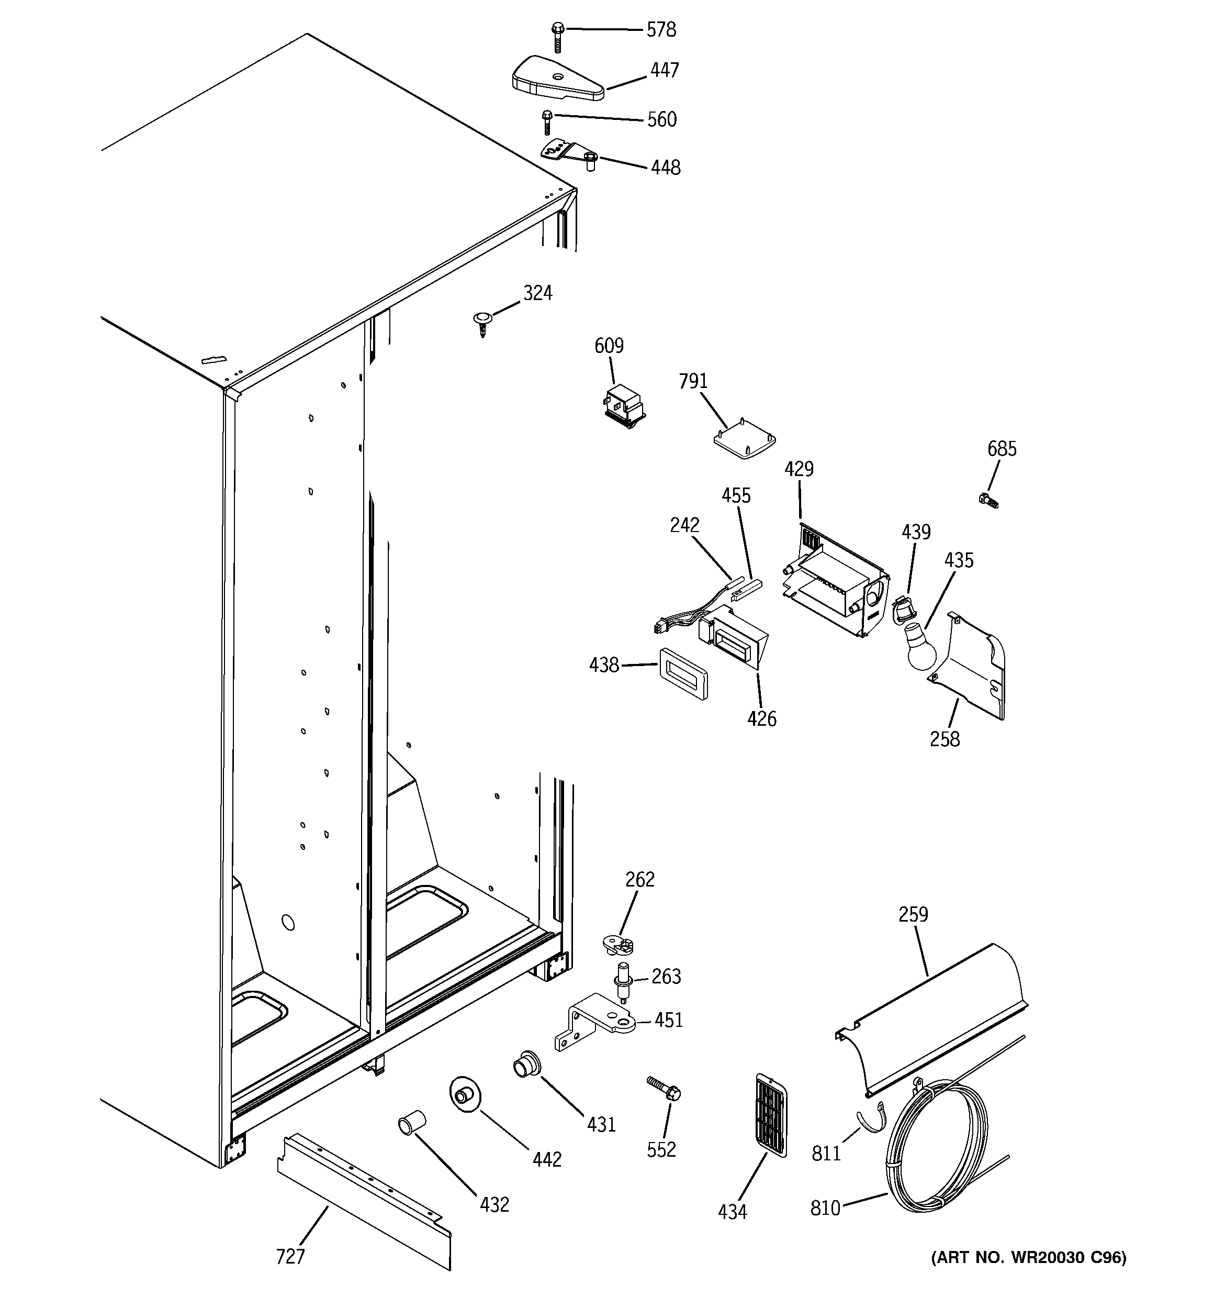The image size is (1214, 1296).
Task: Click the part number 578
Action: (661, 30)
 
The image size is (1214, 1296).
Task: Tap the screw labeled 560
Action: (547, 122)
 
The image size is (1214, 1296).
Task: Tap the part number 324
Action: (537, 293)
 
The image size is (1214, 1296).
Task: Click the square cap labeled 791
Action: (745, 439)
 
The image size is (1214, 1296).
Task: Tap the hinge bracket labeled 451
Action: (596, 1024)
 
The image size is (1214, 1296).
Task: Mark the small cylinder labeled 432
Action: (411, 1123)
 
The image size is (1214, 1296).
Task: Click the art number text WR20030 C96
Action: (1028, 1257)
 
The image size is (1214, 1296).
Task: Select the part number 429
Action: (799, 469)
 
